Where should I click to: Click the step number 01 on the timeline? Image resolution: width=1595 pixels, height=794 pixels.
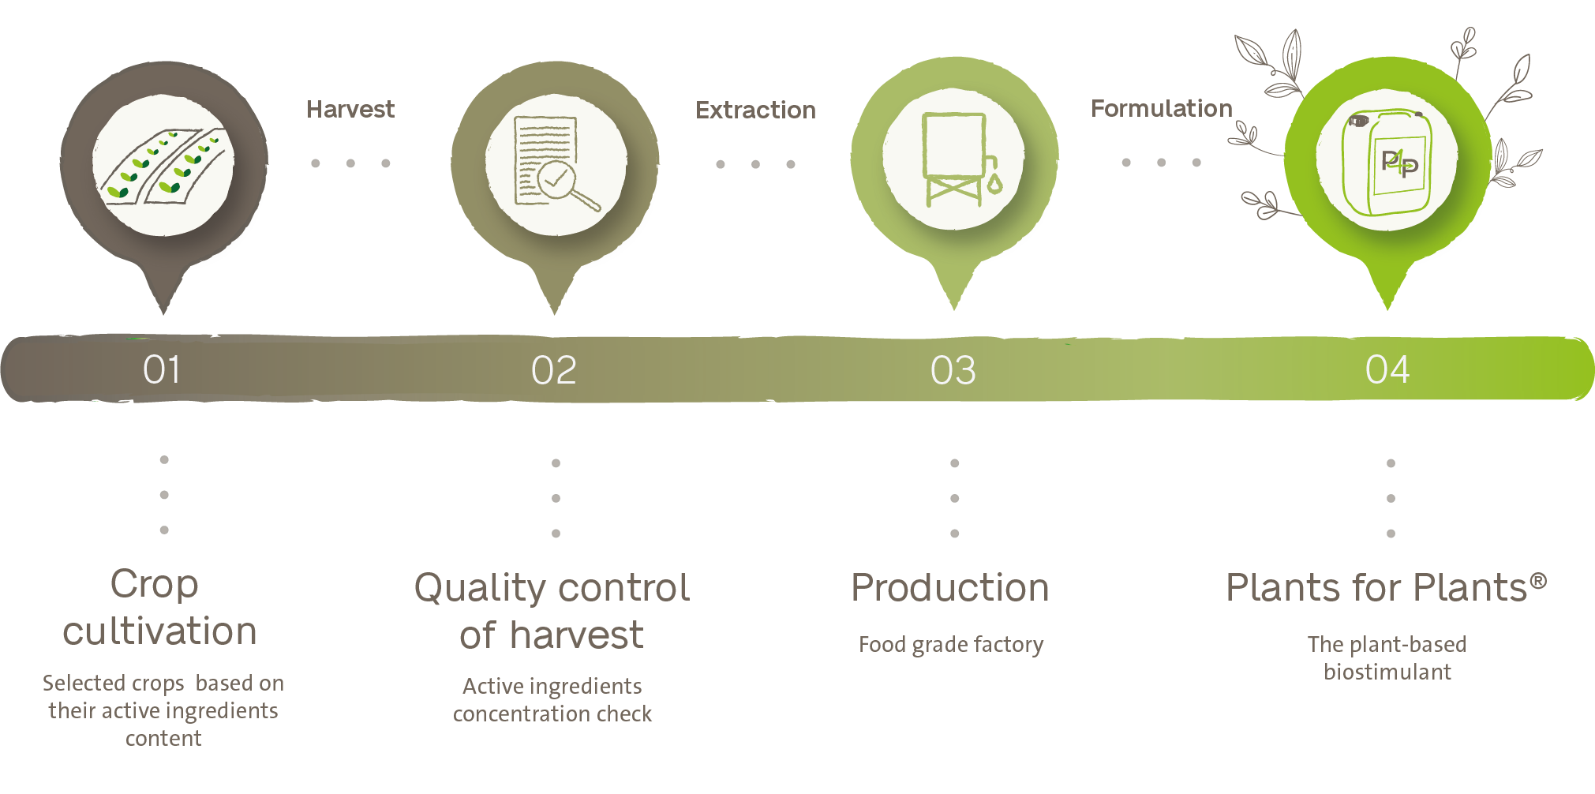click(x=162, y=369)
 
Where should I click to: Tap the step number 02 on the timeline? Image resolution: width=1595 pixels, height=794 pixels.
click(x=554, y=370)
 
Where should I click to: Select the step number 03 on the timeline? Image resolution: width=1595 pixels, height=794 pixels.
click(x=953, y=370)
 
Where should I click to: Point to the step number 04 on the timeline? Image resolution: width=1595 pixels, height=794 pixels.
click(x=1387, y=369)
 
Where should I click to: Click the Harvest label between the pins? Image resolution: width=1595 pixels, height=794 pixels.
click(x=350, y=109)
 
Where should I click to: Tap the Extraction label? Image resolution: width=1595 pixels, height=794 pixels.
click(x=755, y=110)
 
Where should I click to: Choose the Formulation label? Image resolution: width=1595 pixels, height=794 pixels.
click(x=1161, y=108)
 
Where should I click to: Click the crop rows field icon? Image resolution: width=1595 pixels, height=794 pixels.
click(x=163, y=164)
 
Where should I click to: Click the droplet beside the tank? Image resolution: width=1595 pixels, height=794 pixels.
click(x=994, y=184)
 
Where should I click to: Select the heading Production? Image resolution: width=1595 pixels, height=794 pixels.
click(x=950, y=588)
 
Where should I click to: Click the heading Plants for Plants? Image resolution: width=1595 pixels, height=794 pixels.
click(x=1377, y=588)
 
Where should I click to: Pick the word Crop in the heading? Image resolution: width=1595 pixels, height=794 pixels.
click(x=154, y=585)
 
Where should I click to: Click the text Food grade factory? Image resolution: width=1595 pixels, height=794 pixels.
click(x=951, y=645)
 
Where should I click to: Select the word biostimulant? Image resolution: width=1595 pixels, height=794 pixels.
click(x=1387, y=672)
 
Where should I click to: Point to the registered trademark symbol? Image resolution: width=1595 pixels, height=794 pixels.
click(x=1538, y=582)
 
